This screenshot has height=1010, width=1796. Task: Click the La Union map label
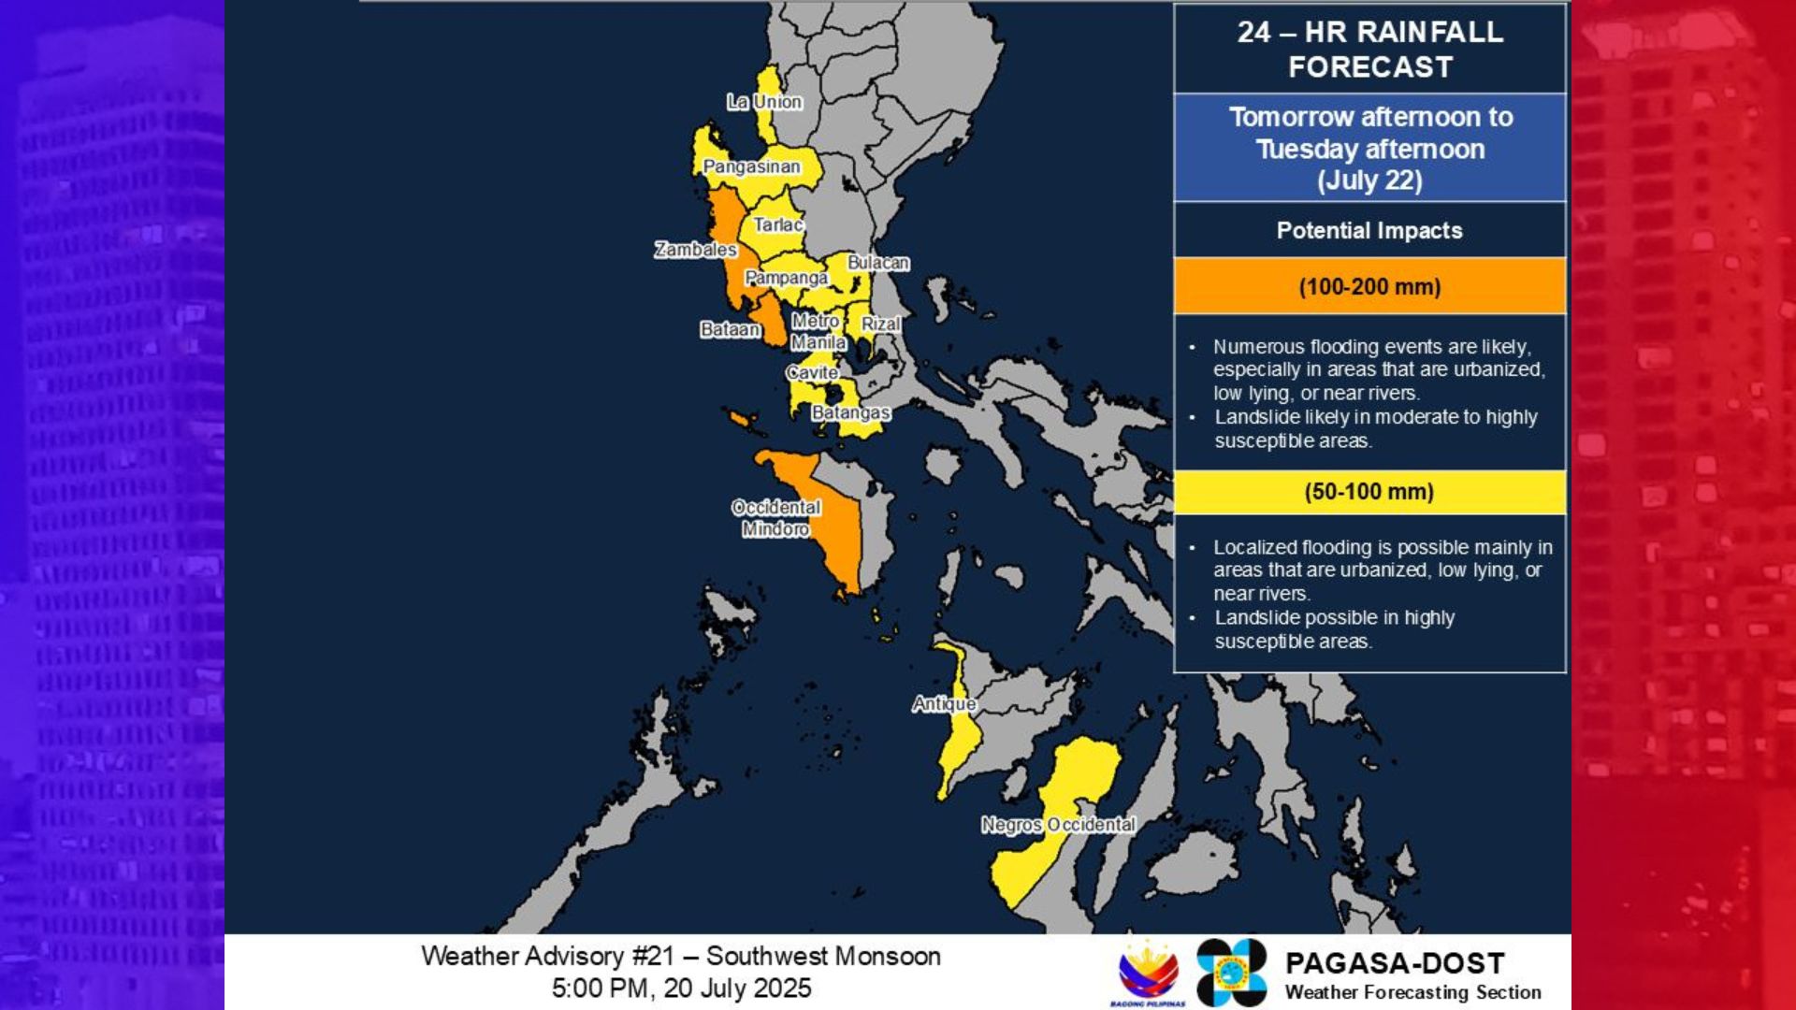764,102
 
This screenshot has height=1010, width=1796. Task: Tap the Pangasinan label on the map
751,166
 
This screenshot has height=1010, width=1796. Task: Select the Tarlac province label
778,224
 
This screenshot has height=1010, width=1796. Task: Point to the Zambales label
695,250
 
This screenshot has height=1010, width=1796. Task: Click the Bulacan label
878,263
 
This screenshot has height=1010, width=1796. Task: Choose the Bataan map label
730,329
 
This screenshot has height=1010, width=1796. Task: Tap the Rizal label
881,324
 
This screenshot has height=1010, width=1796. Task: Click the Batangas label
850,412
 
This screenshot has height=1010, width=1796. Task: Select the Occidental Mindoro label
776,518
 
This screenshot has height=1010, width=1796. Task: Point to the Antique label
944,703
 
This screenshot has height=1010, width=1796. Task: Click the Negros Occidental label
1058,825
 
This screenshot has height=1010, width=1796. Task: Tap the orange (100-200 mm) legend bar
1369,286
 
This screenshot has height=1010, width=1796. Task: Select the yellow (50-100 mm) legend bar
1369,492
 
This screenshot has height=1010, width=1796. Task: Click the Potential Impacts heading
1369,230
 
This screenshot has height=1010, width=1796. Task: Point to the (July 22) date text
1369,180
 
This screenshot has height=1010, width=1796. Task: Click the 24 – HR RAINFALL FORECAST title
1369,49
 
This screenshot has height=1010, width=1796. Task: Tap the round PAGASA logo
1231,973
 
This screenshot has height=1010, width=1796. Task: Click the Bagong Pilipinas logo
1149,974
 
